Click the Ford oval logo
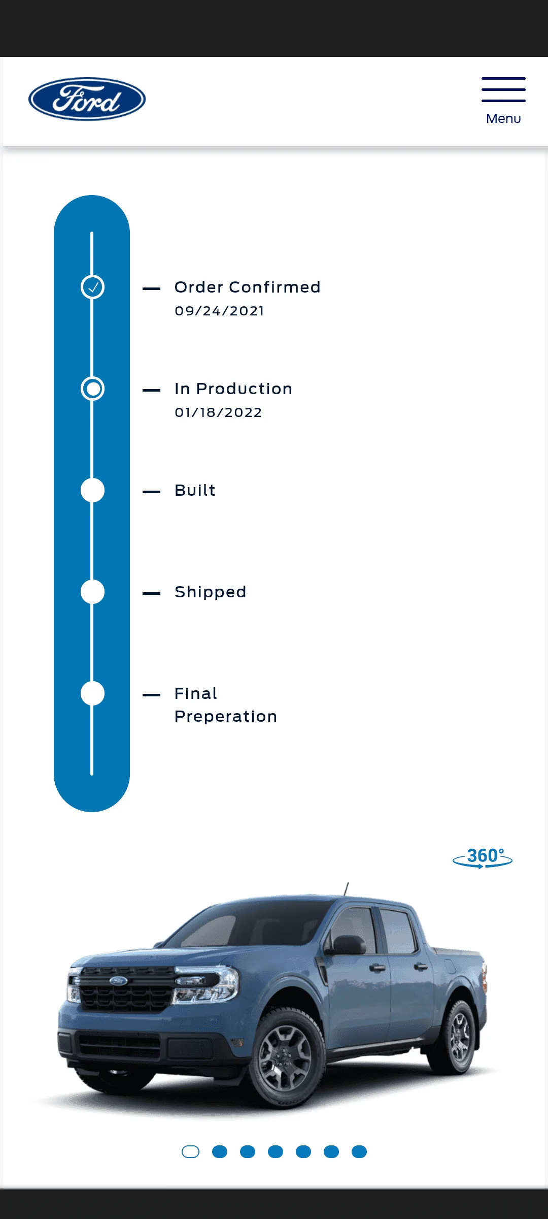[x=87, y=99]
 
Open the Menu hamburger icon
[x=503, y=89]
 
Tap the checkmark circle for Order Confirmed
[x=92, y=287]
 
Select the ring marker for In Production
[x=92, y=389]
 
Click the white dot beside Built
[x=92, y=490]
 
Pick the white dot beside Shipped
[x=92, y=592]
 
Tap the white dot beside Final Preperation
[x=92, y=693]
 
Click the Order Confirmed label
[x=248, y=287]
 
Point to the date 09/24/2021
[x=219, y=311]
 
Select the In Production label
[x=233, y=389]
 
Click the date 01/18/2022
[x=218, y=412]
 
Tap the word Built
[x=195, y=490]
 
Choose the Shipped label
[x=211, y=592]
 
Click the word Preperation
[x=226, y=717]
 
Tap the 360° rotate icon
[x=483, y=858]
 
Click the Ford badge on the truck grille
[x=119, y=980]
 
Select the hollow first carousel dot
[x=190, y=1152]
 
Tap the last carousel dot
[x=359, y=1152]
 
